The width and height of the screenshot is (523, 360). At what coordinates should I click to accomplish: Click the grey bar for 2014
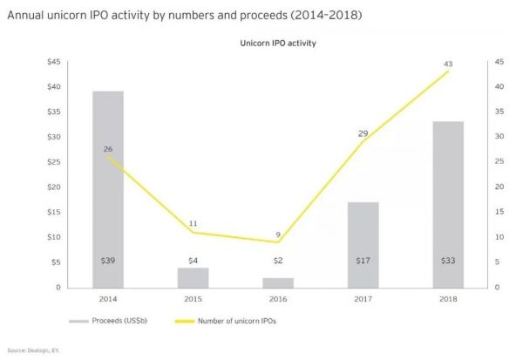pos(107,188)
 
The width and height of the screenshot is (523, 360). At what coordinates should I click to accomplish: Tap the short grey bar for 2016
pos(278,282)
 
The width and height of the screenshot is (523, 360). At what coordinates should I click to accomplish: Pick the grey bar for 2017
pos(363,244)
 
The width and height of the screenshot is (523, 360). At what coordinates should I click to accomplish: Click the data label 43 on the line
pos(449,63)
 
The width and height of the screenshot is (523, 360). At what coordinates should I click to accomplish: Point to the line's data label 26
pos(107,149)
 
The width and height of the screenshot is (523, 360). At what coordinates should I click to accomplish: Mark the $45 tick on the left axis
pos(53,62)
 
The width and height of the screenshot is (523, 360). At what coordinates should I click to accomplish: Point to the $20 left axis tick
pos(53,187)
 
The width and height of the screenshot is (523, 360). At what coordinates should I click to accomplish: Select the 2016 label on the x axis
pos(278,298)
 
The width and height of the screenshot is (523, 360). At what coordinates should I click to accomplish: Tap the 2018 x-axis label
pos(449,298)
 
